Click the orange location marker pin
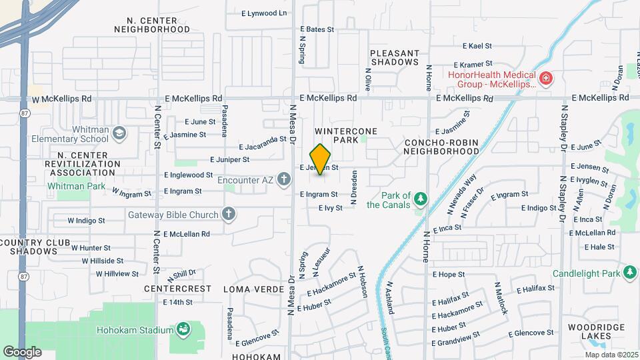point(320,159)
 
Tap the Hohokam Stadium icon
point(182,330)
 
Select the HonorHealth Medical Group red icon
point(546,79)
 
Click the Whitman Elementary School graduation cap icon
point(119,133)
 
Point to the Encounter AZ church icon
point(285,179)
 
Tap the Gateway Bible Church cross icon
point(229,215)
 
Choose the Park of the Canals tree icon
point(421,199)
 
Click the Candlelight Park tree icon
point(630,273)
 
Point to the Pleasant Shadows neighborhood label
point(395,57)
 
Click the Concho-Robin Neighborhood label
point(441,147)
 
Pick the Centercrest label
point(178,289)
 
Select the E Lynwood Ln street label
point(264,13)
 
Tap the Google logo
point(21,351)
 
